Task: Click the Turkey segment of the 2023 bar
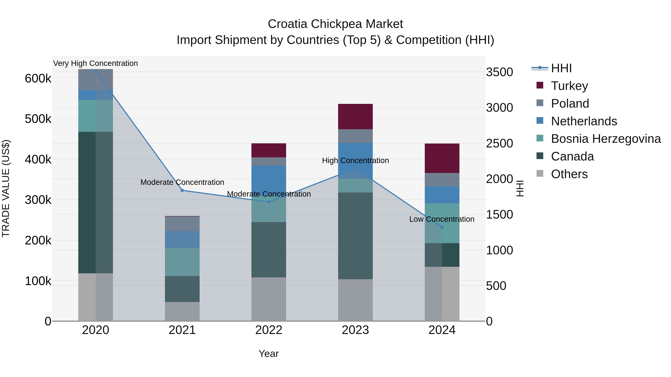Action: (x=355, y=117)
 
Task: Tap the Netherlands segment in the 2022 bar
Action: (x=269, y=179)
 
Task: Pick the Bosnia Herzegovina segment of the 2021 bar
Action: (x=182, y=262)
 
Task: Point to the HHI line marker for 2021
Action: (x=182, y=190)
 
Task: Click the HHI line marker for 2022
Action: (x=269, y=202)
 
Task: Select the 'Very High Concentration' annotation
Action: (x=95, y=63)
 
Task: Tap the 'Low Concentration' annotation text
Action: (x=442, y=219)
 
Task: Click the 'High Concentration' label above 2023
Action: (x=355, y=160)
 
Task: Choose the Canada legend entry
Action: (x=572, y=156)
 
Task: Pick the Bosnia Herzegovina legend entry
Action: (x=605, y=139)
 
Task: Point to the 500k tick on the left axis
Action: (x=38, y=119)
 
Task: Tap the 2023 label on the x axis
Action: (x=355, y=330)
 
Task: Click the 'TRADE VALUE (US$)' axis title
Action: (x=6, y=188)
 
